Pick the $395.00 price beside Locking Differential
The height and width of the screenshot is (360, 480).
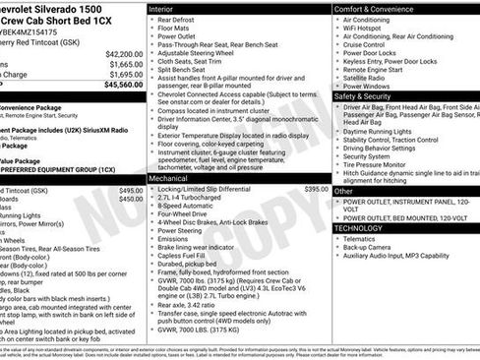316,189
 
